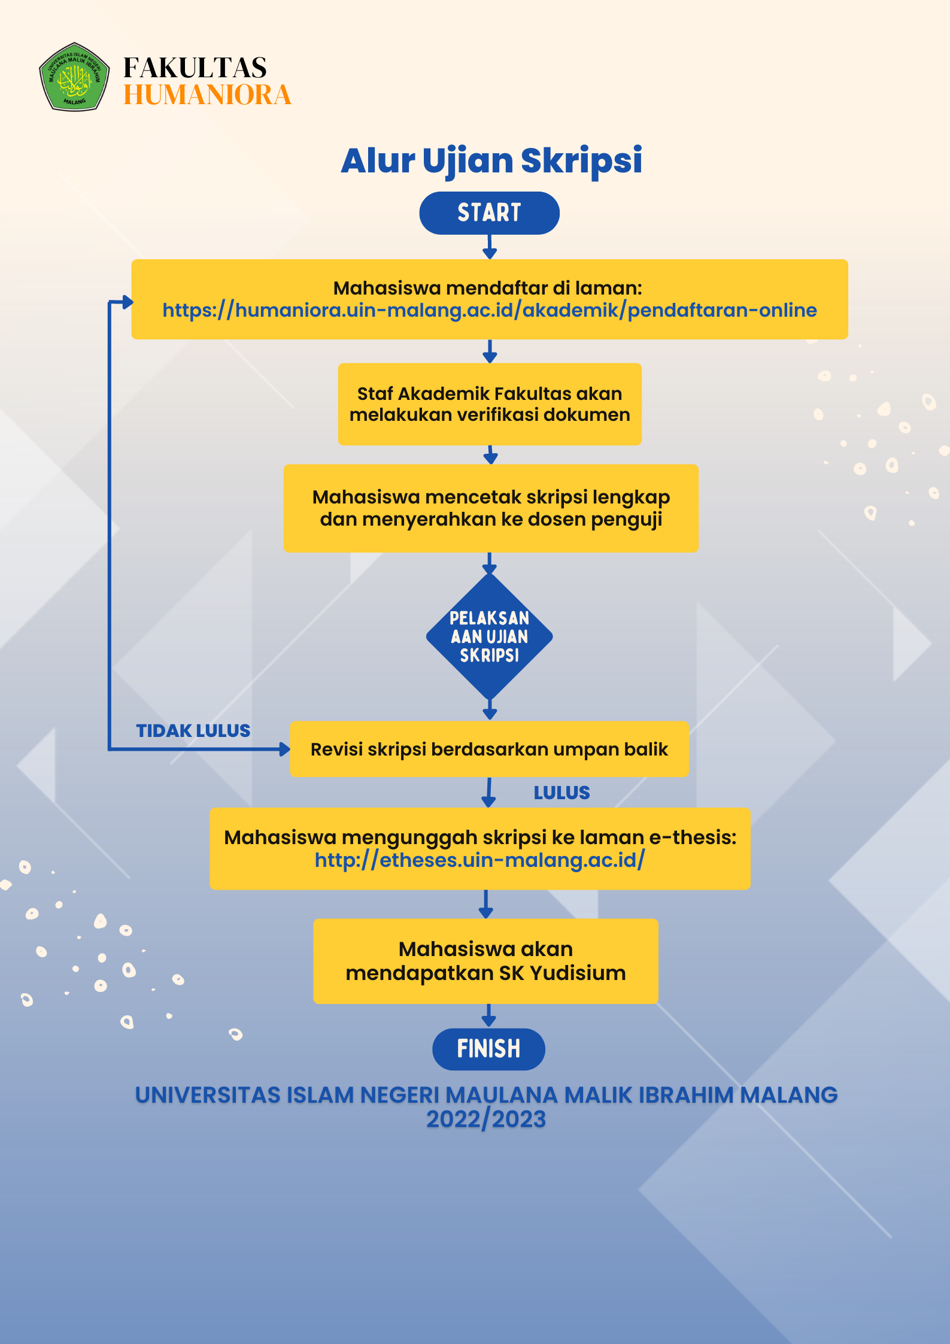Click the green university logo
tap(74, 77)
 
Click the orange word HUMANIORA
tap(207, 95)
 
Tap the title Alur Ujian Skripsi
tap(491, 160)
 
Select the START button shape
tap(489, 213)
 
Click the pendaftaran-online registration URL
tap(489, 310)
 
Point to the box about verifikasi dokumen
tap(489, 404)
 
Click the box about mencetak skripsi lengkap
tap(490, 508)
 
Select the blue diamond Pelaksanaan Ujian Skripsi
tap(489, 636)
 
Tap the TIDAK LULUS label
tap(193, 731)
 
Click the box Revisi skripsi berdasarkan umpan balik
tap(489, 749)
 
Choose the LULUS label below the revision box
tap(561, 793)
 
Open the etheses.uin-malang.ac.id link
tap(479, 860)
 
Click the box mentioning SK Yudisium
tap(485, 961)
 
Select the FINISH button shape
tap(488, 1049)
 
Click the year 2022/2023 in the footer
tap(485, 1120)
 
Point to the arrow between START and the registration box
tap(490, 247)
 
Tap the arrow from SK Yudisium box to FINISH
tap(488, 1017)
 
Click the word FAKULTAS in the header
tap(195, 68)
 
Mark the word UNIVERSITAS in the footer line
tap(207, 1095)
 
